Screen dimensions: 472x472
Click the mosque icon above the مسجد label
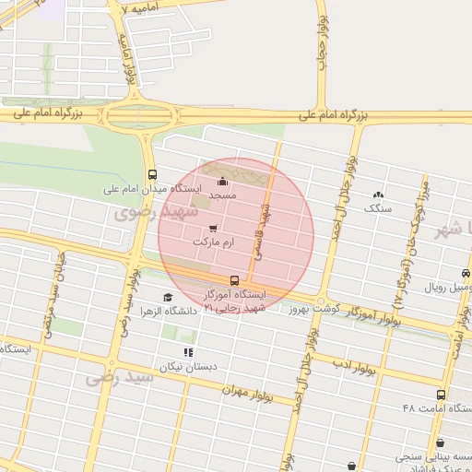coord(222,182)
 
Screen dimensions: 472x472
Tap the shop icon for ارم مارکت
coord(214,227)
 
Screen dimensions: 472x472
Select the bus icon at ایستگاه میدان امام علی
coord(152,174)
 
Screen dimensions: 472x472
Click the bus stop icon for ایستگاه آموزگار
coord(234,280)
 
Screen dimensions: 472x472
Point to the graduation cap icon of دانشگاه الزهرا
coord(167,297)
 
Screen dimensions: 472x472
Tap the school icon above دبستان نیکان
coord(188,352)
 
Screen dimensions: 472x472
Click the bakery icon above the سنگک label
coord(378,195)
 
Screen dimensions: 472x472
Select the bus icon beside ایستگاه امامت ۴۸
coord(440,394)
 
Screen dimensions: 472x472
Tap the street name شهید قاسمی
coord(265,229)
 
